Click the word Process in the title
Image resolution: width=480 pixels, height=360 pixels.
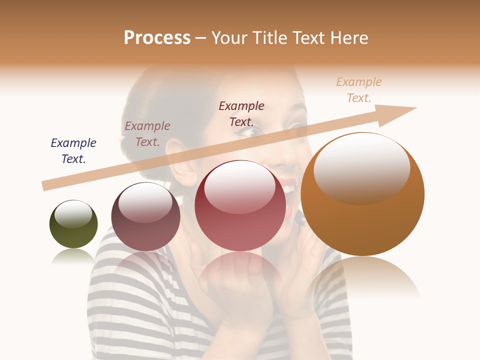pyautogui.click(x=157, y=37)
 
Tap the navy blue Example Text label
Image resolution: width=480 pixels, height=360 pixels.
pyautogui.click(x=73, y=150)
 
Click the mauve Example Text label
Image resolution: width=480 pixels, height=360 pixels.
pyautogui.click(x=147, y=133)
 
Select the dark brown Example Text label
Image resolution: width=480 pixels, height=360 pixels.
pyautogui.click(x=241, y=113)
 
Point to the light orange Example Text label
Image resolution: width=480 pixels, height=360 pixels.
pyautogui.click(x=359, y=89)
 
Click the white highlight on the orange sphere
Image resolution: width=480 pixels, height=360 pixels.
pyautogui.click(x=361, y=167)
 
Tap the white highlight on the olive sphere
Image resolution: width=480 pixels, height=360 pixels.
pyautogui.click(x=73, y=213)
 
